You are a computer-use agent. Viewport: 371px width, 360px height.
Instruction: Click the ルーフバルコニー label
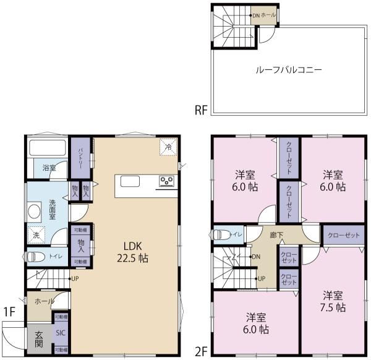(289, 70)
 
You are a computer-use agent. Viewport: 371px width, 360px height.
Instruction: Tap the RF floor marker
(201, 111)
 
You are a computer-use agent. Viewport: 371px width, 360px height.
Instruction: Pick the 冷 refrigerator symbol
(168, 146)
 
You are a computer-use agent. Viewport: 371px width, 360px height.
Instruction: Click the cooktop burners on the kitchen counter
(167, 181)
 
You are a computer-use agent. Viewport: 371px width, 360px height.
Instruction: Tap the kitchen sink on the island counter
(130, 181)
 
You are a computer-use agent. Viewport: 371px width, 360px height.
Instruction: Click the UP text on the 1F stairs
(75, 278)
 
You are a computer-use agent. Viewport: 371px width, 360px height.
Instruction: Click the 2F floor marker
(201, 351)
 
